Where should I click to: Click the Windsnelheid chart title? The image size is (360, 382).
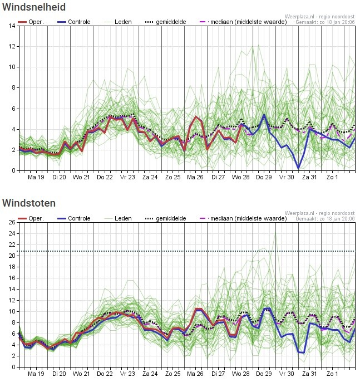34,7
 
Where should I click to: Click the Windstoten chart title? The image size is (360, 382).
29,203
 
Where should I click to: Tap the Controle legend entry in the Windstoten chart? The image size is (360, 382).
78,218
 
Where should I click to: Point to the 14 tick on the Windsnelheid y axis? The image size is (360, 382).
12,26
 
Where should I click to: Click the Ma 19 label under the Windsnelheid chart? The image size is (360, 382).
36,178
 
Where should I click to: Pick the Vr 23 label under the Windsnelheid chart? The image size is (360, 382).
127,178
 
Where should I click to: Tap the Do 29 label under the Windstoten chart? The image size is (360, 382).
264,374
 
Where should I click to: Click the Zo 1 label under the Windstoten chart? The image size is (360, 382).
332,374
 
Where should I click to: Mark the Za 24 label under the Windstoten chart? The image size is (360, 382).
150,374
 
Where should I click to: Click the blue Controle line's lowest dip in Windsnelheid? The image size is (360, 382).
298,168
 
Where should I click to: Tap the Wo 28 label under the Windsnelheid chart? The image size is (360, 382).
241,178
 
